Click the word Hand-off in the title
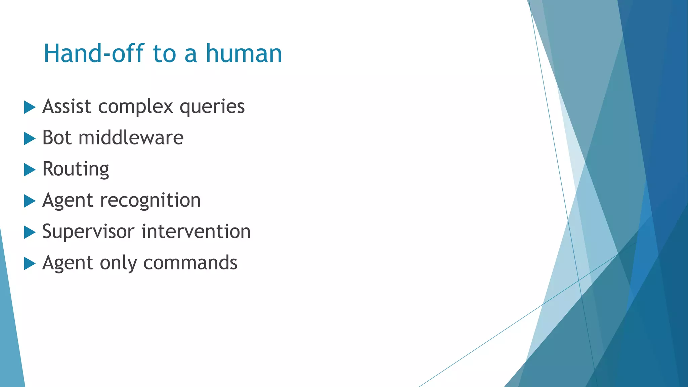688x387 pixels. (94, 54)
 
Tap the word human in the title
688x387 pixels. (244, 54)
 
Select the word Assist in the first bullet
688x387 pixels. (67, 107)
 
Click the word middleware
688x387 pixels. (131, 138)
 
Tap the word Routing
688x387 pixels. (76, 169)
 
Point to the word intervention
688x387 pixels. (196, 232)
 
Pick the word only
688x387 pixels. (118, 263)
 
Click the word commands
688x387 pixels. (190, 263)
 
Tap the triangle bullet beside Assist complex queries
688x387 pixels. (30, 107)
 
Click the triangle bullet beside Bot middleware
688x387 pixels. (30, 138)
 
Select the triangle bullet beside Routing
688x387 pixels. (30, 170)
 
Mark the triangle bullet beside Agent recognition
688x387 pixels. (30, 201)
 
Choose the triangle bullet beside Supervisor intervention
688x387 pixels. (30, 232)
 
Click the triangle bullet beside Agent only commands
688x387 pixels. (30, 263)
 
